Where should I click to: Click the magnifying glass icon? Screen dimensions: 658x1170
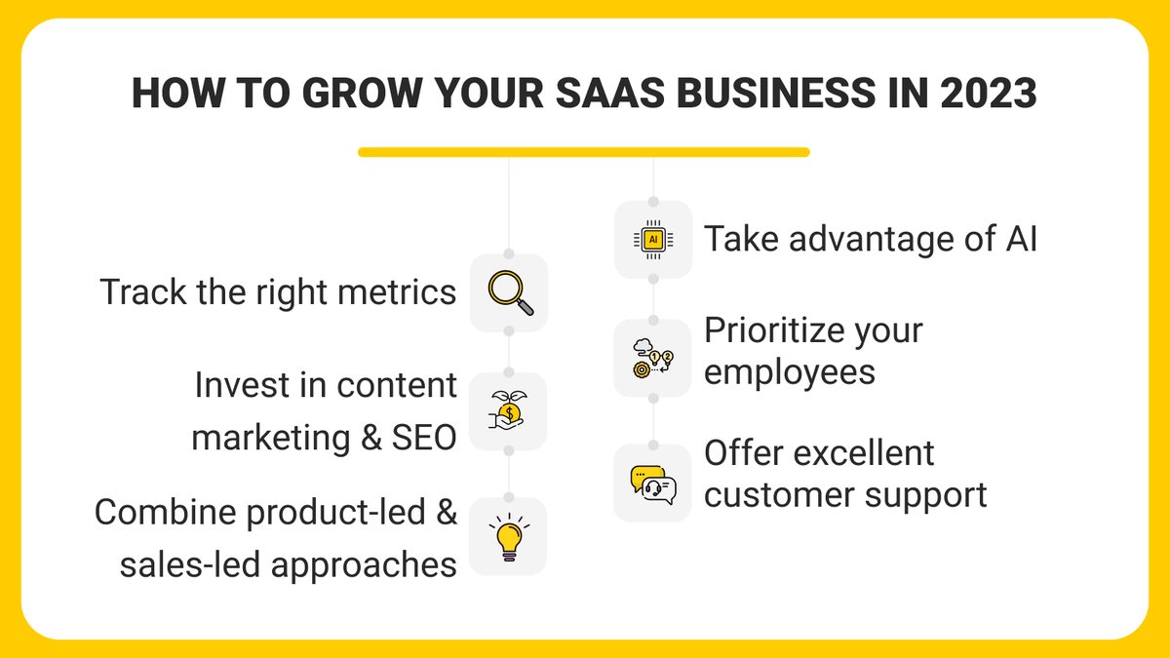(x=509, y=292)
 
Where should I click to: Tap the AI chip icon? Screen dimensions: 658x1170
(x=652, y=239)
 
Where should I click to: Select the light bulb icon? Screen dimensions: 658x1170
(x=508, y=537)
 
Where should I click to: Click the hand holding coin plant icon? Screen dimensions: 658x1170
(x=508, y=412)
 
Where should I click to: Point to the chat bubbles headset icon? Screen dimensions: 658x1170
(x=652, y=483)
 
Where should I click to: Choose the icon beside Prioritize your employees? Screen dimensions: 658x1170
(x=652, y=358)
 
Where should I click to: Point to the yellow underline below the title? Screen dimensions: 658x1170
(x=583, y=152)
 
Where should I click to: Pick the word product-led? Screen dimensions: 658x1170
(x=321, y=512)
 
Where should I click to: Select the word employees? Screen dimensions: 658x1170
(x=790, y=372)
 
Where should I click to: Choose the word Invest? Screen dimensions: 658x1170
(x=245, y=385)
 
